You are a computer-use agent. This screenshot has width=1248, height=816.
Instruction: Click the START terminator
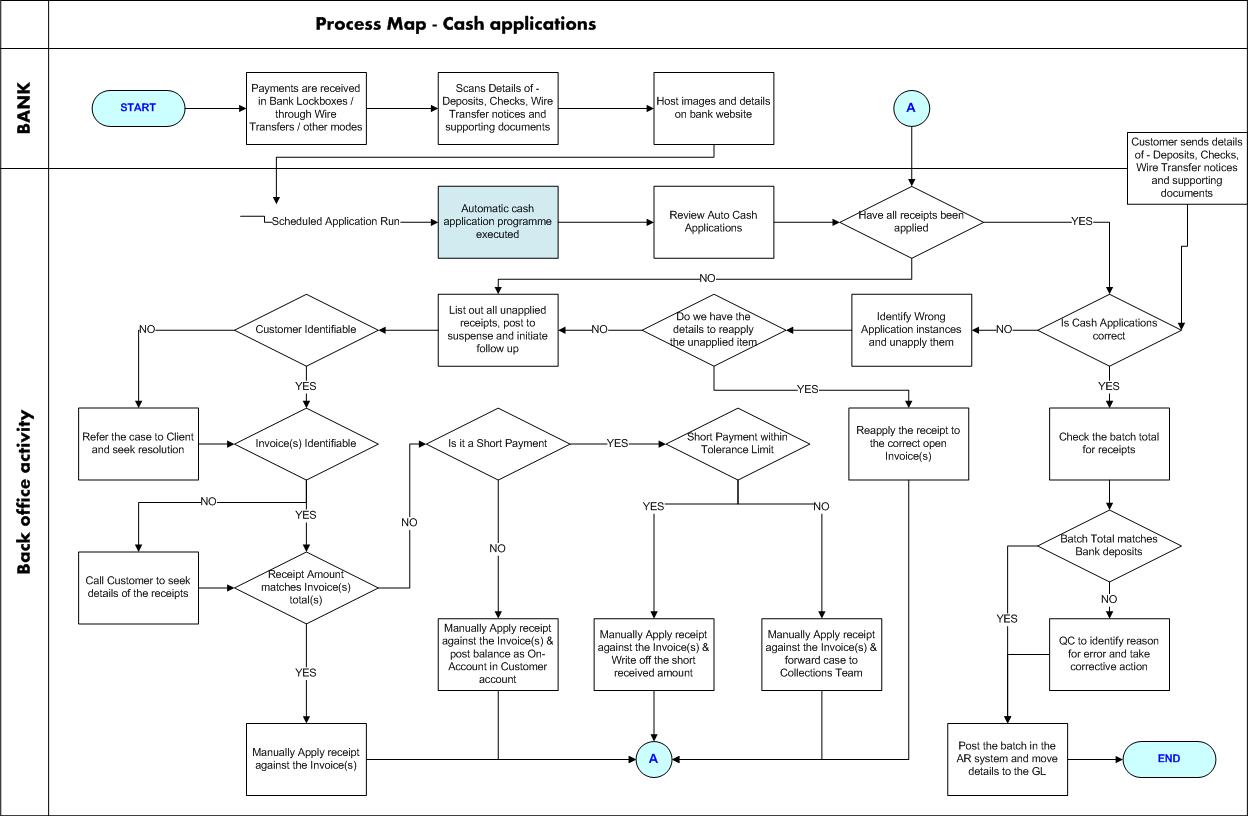pyautogui.click(x=138, y=108)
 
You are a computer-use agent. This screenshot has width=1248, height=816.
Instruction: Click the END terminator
pyautogui.click(x=1169, y=759)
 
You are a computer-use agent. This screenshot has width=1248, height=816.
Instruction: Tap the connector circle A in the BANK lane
pyautogui.click(x=910, y=107)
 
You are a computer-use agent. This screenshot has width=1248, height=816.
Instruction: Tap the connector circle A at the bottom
pyautogui.click(x=653, y=759)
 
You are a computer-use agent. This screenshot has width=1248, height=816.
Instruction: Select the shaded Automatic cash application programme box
pyautogui.click(x=497, y=221)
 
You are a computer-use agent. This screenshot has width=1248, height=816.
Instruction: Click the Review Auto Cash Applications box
pyautogui.click(x=713, y=221)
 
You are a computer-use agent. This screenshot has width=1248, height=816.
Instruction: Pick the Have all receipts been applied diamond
pyautogui.click(x=911, y=221)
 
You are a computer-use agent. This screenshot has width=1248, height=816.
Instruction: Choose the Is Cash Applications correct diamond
pyautogui.click(x=1109, y=329)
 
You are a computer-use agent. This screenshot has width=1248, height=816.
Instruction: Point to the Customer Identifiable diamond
pyautogui.click(x=306, y=329)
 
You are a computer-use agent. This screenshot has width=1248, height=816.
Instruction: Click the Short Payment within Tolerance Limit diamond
pyautogui.click(x=738, y=442)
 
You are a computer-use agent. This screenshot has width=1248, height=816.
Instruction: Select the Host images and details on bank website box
pyautogui.click(x=713, y=108)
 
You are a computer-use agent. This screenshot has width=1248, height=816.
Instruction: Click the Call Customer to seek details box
pyautogui.click(x=138, y=587)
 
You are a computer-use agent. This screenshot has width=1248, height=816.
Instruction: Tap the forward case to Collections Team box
pyautogui.click(x=821, y=654)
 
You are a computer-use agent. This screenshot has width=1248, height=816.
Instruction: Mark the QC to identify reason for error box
pyautogui.click(x=1109, y=654)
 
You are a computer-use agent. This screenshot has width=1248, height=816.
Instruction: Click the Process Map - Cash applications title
pyautogui.click(x=456, y=24)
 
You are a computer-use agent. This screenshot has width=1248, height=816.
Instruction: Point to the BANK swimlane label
pyautogui.click(x=24, y=108)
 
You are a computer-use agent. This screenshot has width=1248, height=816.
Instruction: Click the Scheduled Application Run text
pyautogui.click(x=335, y=221)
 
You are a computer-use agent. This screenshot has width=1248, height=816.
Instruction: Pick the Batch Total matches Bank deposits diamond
pyautogui.click(x=1109, y=545)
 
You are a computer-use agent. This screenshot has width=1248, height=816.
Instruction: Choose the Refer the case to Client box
pyautogui.click(x=138, y=443)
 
